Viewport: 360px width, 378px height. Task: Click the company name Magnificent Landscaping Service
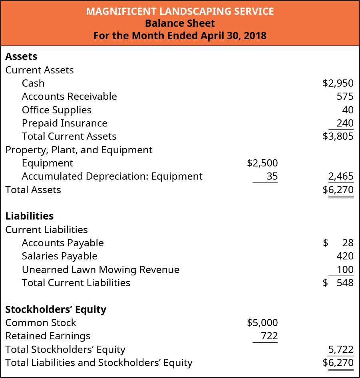[180, 11]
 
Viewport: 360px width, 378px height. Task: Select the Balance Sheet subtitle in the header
[180, 23]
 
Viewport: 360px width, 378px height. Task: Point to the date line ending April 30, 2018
[180, 36]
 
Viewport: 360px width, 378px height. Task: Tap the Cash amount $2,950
[338, 83]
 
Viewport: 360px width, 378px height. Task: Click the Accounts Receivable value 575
[345, 97]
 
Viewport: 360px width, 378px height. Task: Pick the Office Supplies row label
[57, 110]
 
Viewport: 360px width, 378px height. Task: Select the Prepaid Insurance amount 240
[345, 123]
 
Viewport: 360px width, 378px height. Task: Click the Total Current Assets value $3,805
[338, 137]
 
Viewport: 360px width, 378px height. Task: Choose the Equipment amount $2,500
[262, 163]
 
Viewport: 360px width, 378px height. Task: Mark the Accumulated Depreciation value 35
[272, 176]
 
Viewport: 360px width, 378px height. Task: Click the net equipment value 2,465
[341, 176]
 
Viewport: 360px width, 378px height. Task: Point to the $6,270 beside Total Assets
[338, 190]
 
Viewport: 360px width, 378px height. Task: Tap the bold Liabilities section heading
[30, 216]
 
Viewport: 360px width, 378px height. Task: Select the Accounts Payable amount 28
[348, 243]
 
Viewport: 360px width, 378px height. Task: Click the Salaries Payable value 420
[345, 256]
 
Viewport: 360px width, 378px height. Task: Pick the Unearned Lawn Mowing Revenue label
[101, 269]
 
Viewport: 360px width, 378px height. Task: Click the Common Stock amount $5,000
[262, 323]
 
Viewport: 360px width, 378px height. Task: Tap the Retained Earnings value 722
[269, 336]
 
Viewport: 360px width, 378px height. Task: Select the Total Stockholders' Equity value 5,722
[341, 350]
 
